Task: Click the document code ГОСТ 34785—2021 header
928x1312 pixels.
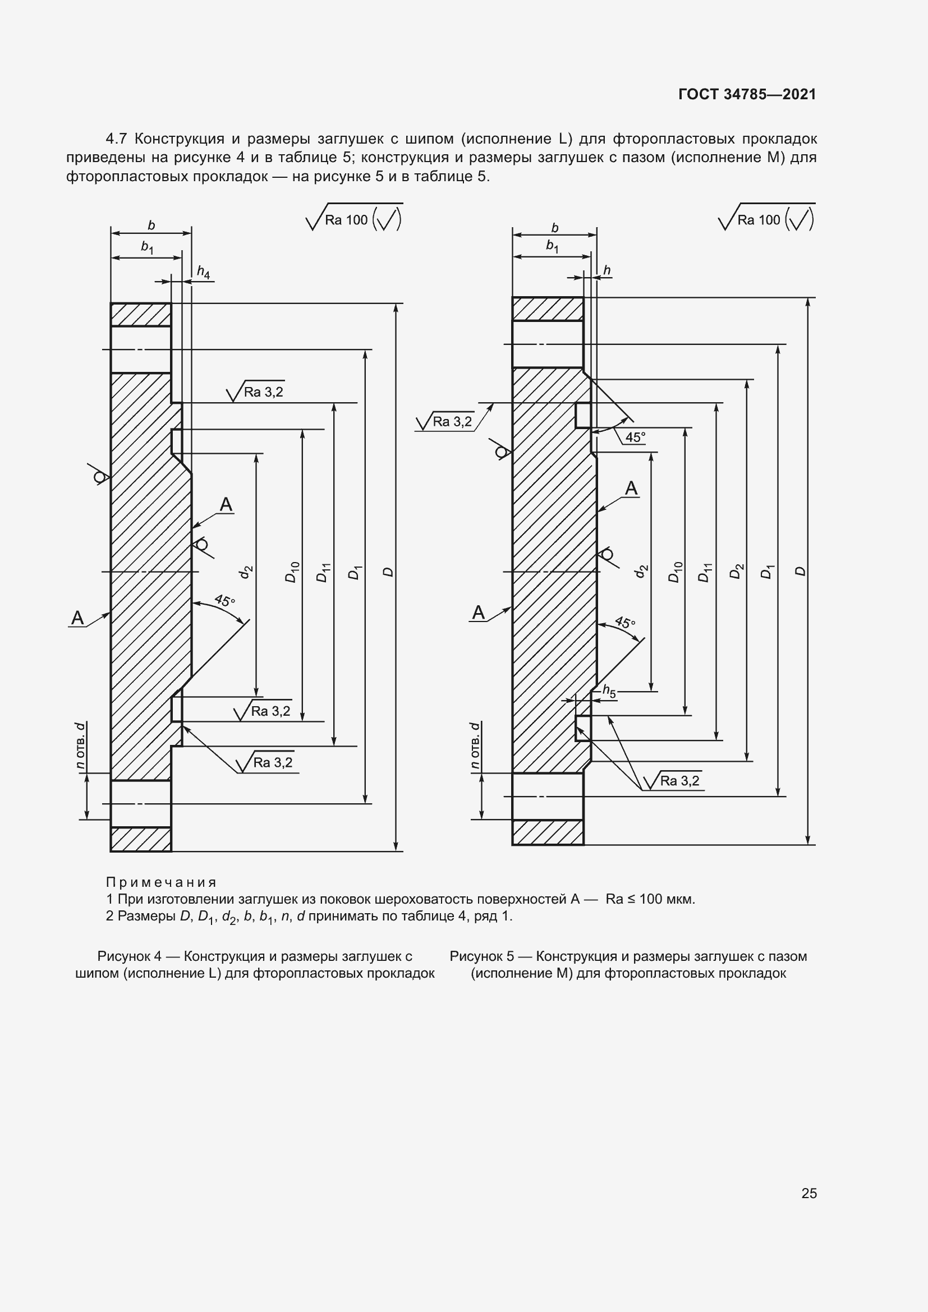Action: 747,94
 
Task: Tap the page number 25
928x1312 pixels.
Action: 809,1193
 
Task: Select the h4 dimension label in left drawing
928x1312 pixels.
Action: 204,272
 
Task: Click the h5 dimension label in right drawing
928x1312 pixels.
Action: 609,692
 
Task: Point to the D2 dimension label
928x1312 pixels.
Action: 737,571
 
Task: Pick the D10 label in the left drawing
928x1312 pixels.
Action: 292,572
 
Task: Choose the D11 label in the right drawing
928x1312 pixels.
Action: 706,572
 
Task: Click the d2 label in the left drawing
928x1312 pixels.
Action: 246,572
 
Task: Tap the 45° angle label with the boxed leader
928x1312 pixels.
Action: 635,437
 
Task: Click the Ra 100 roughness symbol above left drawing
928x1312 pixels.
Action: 354,218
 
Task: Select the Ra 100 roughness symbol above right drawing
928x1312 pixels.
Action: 766,218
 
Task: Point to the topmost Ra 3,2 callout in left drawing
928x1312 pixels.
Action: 255,392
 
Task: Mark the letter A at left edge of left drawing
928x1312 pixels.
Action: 77,618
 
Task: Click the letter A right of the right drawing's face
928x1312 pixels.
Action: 631,488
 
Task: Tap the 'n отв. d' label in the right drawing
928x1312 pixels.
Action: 475,746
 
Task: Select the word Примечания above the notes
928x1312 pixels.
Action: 161,882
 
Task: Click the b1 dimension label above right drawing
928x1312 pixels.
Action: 552,246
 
